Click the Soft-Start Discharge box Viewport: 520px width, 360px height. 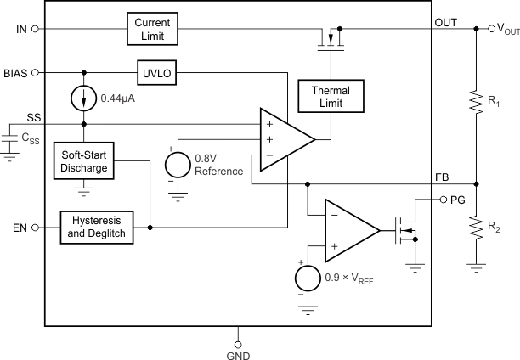point(83,161)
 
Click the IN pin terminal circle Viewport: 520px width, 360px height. point(35,28)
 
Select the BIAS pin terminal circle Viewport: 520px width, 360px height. point(35,73)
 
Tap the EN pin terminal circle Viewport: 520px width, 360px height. point(35,228)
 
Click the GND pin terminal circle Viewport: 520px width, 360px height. point(237,344)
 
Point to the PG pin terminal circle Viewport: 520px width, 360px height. point(443,200)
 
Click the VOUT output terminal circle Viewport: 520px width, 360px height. point(477,28)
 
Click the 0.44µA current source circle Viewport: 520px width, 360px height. point(83,98)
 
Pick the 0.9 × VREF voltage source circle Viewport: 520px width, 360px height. point(303,278)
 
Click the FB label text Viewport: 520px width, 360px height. point(465,176)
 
